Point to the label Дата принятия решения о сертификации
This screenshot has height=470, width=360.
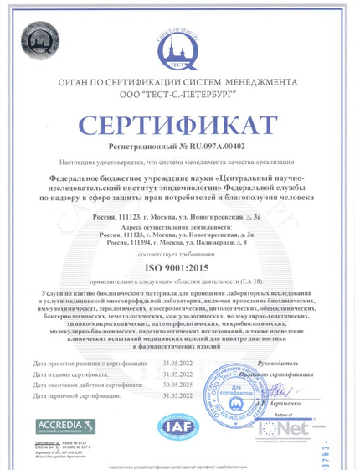(x=83, y=364)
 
